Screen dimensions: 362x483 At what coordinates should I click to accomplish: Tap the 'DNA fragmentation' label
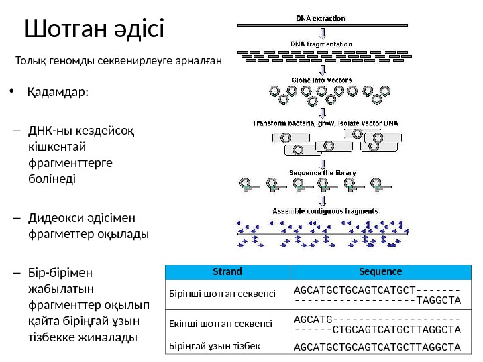pyautogui.click(x=321, y=44)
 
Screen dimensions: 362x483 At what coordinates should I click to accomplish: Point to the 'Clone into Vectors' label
pyautogui.click(x=321, y=80)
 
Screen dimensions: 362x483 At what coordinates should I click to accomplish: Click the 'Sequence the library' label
pyautogui.click(x=322, y=172)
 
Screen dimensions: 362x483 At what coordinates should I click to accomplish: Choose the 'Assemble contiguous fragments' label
pyautogui.click(x=324, y=211)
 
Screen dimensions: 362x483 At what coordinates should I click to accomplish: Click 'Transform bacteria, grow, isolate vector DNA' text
pyautogui.click(x=325, y=123)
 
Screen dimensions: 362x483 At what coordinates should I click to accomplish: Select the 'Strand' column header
pyautogui.click(x=227, y=272)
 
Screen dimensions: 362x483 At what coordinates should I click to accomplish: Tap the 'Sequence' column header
pyautogui.click(x=380, y=272)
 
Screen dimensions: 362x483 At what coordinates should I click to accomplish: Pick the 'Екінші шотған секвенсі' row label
pyautogui.click(x=222, y=324)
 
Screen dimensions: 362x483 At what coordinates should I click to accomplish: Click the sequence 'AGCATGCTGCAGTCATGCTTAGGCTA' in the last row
pyautogui.click(x=377, y=347)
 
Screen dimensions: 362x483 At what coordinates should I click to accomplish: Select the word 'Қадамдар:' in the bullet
pyautogui.click(x=58, y=92)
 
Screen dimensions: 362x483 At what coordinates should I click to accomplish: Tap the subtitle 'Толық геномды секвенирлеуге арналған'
pyautogui.click(x=118, y=62)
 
